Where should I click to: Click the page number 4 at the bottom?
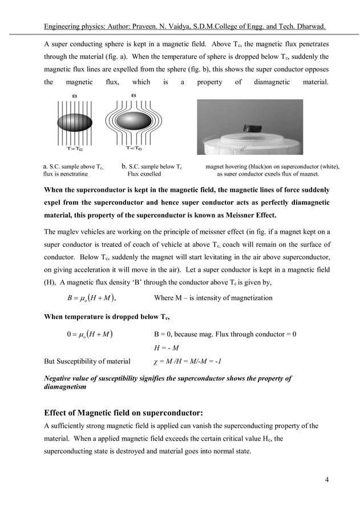pos(326,478)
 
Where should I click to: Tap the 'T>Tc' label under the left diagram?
pos(75,149)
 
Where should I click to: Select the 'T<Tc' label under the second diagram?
pos(134,149)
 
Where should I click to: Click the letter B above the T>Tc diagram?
pos(75,96)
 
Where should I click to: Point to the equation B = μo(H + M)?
pos(91,298)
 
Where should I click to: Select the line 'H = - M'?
pos(166,348)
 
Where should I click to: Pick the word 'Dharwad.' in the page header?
pos(309,27)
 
